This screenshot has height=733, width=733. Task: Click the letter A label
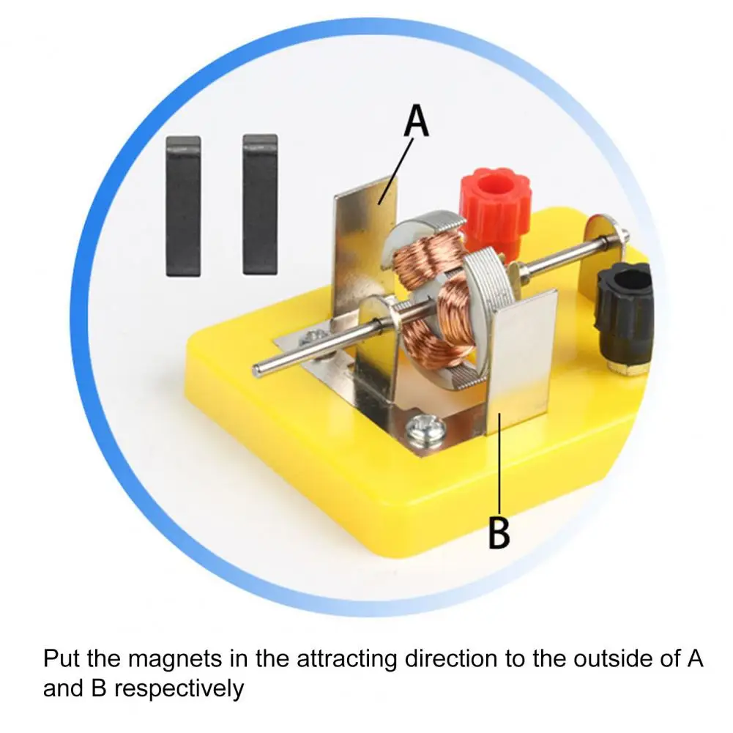coord(416,122)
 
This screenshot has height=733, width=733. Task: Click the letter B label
coord(499,534)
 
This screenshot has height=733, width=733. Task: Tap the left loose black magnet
coord(182,206)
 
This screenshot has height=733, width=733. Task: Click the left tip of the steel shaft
coord(258,370)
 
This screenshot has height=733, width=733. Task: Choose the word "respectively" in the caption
coord(179,688)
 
